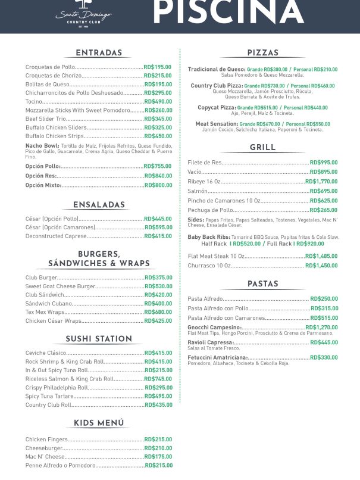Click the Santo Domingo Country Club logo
coord(83,14)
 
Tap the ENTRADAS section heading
coord(99,53)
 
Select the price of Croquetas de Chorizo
coord(158,76)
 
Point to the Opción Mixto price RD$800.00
coord(158,185)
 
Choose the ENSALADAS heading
coord(99,205)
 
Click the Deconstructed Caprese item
coord(56,236)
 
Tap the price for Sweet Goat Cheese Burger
coord(158,286)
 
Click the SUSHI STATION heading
coord(99,339)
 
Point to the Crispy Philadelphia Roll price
coord(158,388)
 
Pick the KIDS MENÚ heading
coord(99,423)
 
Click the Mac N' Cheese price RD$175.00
coord(158,457)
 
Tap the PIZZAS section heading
coord(262,53)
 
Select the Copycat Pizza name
coord(217,108)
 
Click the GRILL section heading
coord(262,147)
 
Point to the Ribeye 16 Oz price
coord(321,182)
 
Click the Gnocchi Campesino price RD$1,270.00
coord(321,328)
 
